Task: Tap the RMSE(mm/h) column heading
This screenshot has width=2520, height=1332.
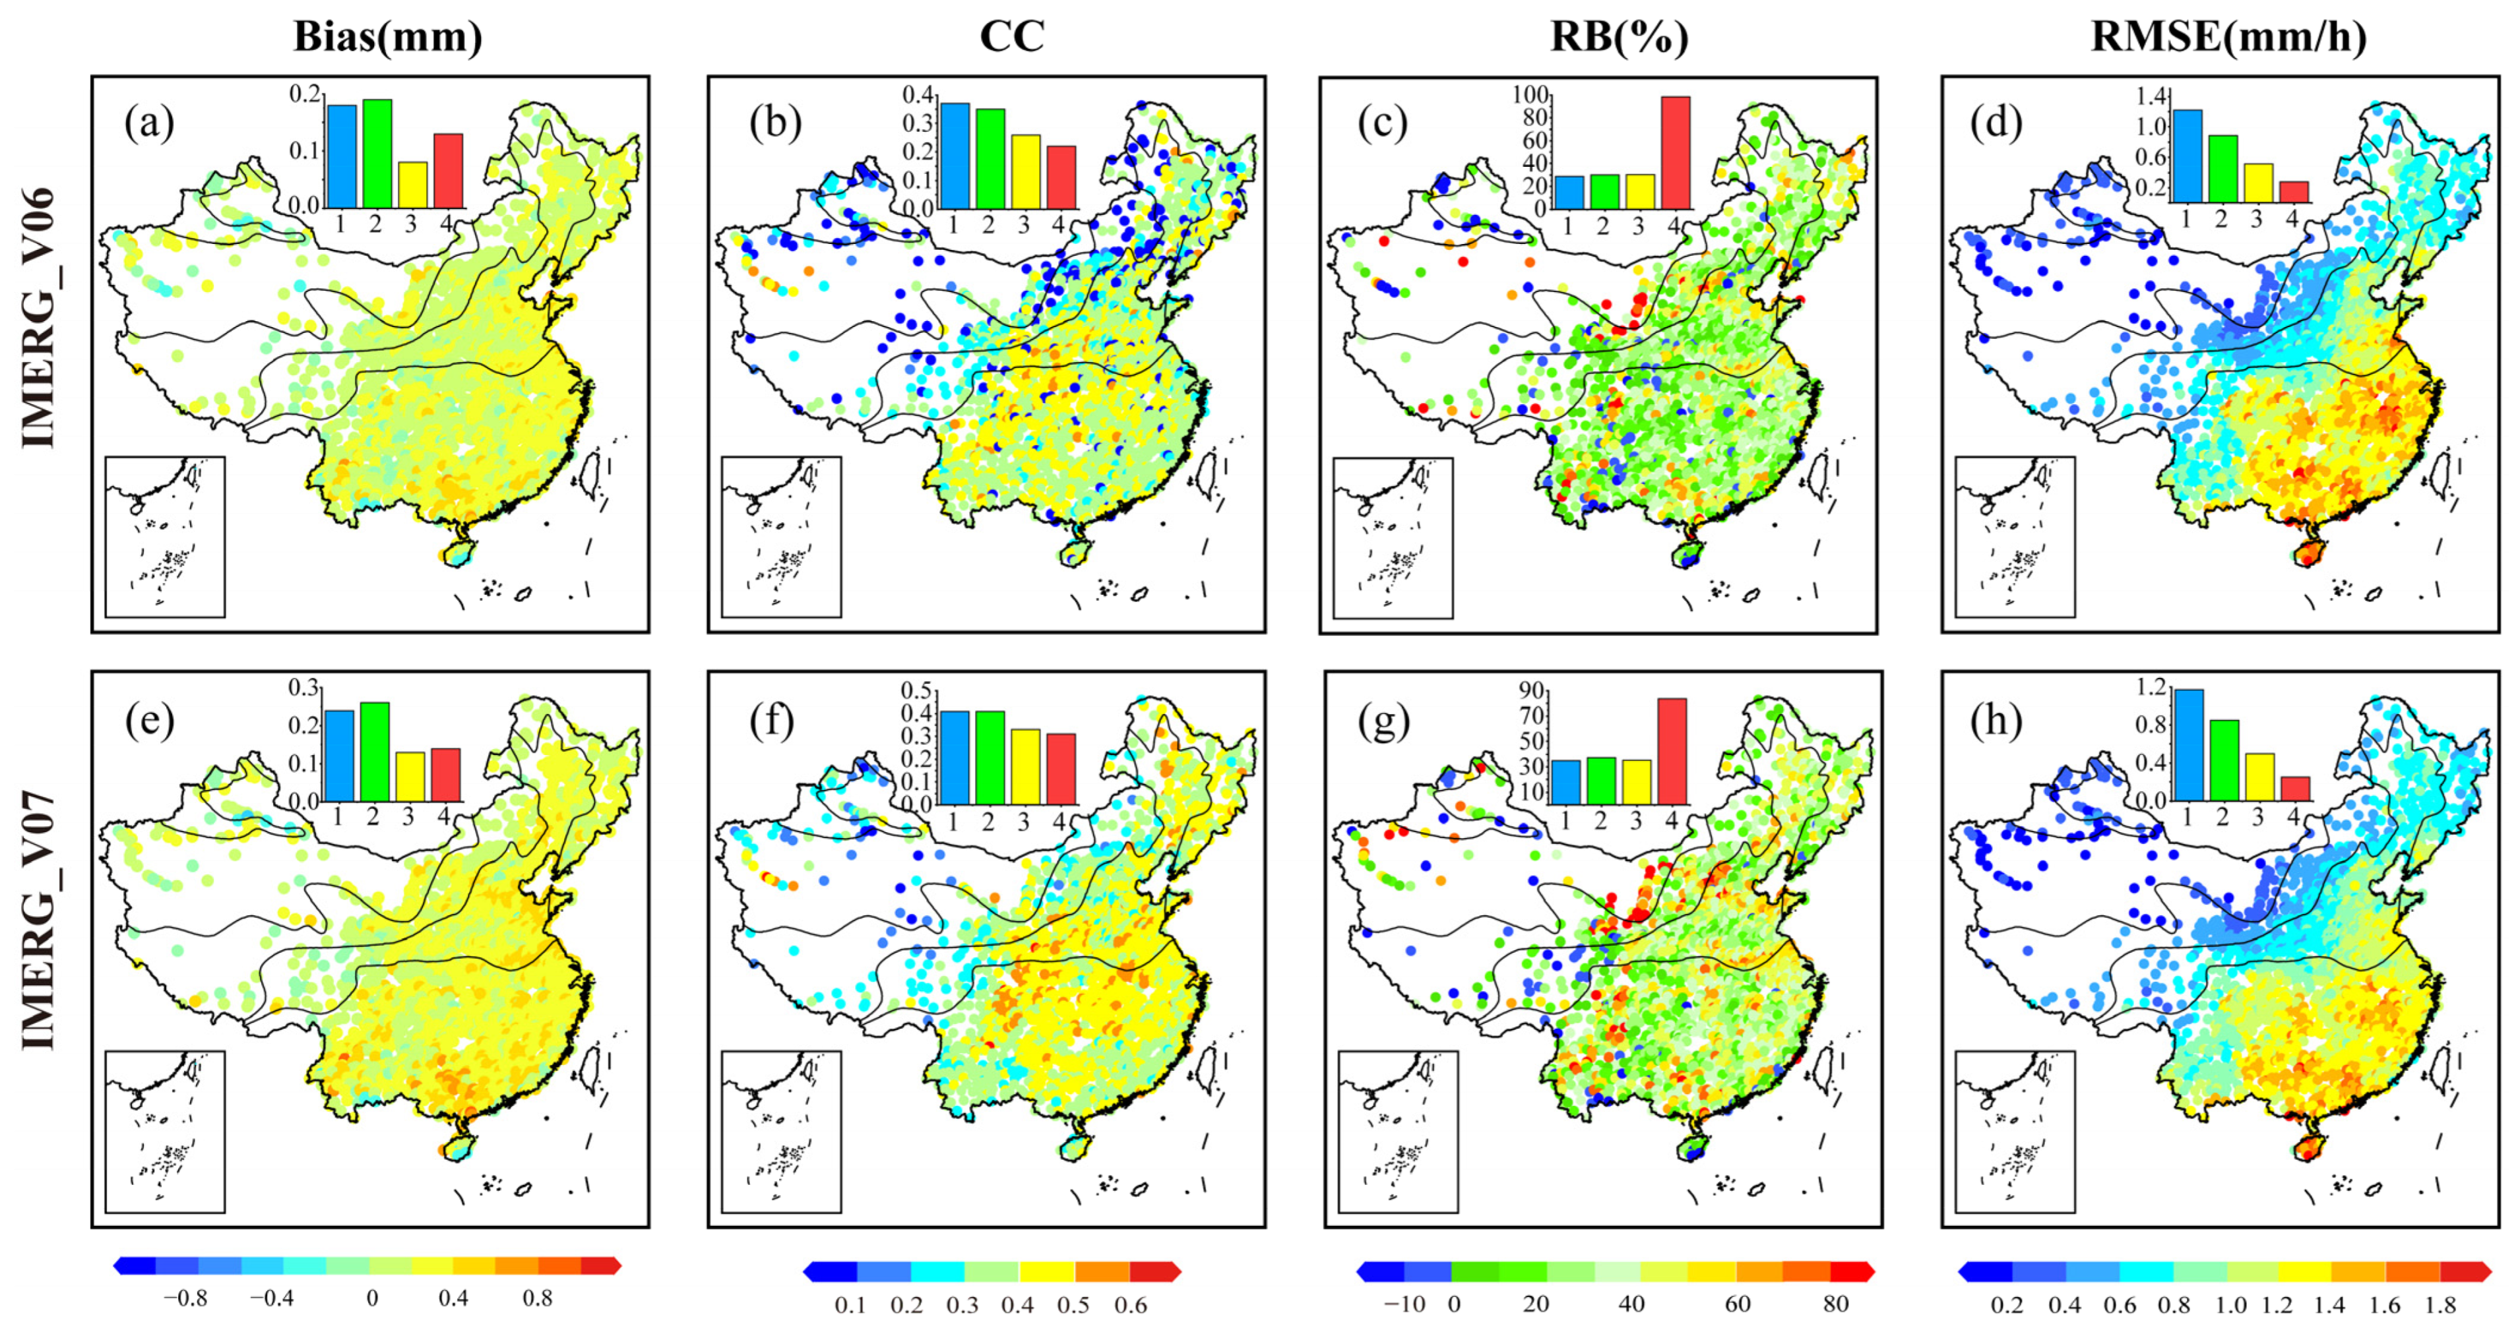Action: (2228, 37)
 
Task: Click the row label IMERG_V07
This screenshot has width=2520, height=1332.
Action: (39, 921)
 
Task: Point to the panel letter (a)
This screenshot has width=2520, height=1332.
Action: (148, 124)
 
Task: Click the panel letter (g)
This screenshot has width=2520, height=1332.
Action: (1382, 722)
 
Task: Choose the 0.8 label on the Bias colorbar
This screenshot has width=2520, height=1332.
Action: (536, 1299)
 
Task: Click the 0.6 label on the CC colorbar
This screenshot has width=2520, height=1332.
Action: (1130, 1306)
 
